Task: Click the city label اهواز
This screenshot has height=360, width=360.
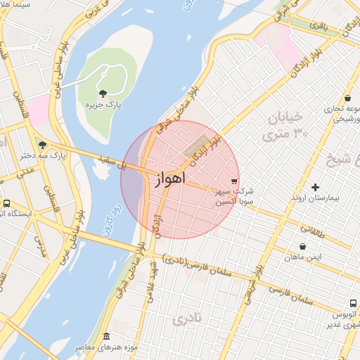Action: coord(168,179)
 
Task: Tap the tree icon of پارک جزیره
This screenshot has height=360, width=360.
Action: coord(103,93)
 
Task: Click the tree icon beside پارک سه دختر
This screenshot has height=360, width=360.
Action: coord(41,144)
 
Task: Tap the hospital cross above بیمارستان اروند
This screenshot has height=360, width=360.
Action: coord(315,187)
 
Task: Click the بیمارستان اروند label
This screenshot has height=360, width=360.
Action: coord(315,199)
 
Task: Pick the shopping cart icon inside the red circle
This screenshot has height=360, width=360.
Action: coord(233,181)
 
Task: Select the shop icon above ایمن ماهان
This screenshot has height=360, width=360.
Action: coord(302,247)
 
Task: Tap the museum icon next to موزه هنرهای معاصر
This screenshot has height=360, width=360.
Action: coord(106,337)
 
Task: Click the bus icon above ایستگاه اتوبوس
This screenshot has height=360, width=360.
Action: coord(6,204)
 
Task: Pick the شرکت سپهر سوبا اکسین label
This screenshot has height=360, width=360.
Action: coord(234,196)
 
